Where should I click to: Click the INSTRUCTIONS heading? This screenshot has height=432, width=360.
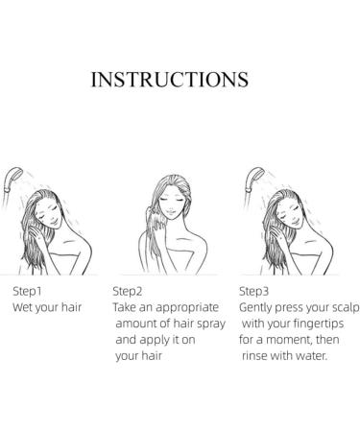pyautogui.click(x=170, y=80)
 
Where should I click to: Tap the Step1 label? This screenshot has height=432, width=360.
pyautogui.click(x=27, y=291)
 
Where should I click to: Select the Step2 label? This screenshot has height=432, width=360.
pyautogui.click(x=128, y=291)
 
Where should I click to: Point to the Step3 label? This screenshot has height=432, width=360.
pyautogui.click(x=253, y=291)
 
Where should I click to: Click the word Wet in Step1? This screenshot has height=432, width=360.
pyautogui.click(x=22, y=307)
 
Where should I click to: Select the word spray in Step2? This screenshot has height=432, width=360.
pyautogui.click(x=211, y=324)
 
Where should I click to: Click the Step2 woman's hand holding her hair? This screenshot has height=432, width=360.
pyautogui.click(x=159, y=226)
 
